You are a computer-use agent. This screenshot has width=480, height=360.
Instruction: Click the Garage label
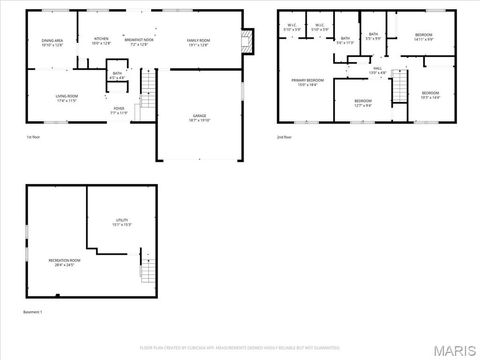click(199, 118)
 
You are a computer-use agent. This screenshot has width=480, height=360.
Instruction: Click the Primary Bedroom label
click(308, 82)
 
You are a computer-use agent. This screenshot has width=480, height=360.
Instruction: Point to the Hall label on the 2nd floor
click(378, 71)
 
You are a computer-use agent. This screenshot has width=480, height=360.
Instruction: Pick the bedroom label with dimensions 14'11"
click(423, 38)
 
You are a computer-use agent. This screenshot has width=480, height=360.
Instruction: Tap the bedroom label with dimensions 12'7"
click(362, 103)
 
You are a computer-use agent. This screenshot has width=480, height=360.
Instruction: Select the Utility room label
click(122, 224)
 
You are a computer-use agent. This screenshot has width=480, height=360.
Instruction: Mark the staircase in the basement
click(148, 267)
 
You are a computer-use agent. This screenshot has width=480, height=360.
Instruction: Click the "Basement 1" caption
click(34, 312)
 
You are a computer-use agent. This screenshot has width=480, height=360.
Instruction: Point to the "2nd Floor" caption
click(285, 136)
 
